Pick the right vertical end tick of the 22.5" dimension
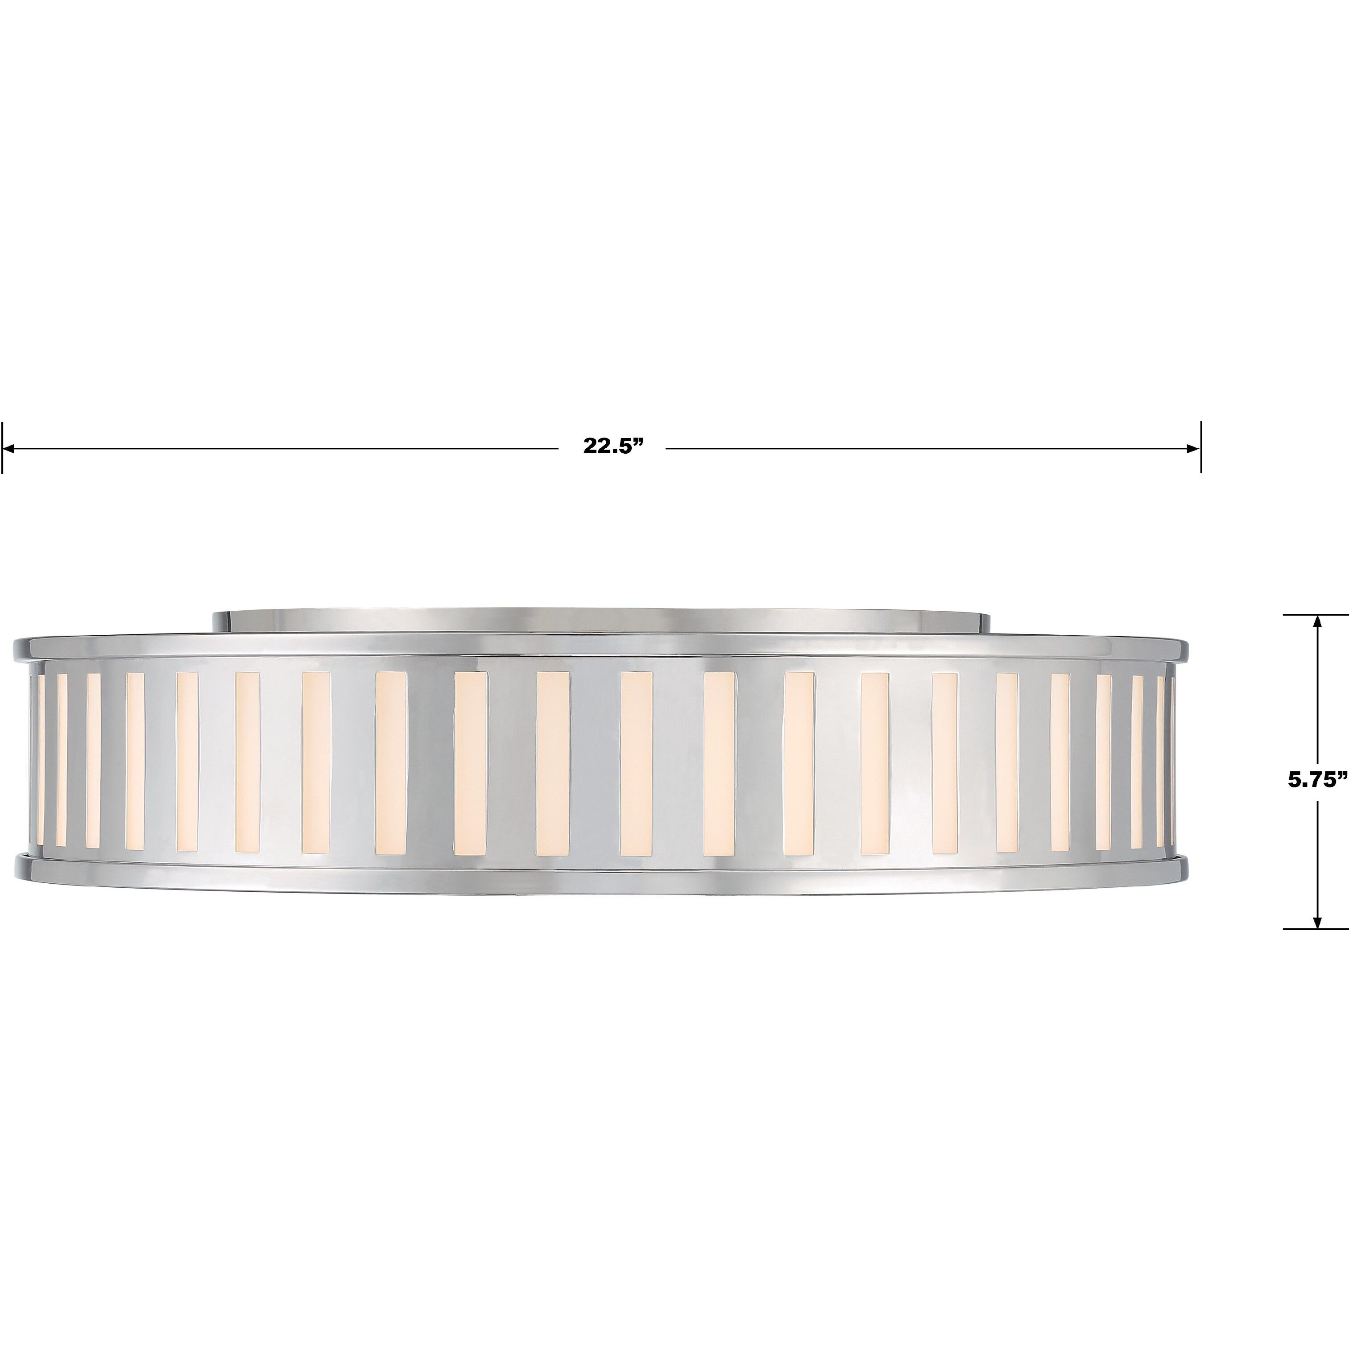tap(1201, 447)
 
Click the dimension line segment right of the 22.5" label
tap(922, 447)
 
